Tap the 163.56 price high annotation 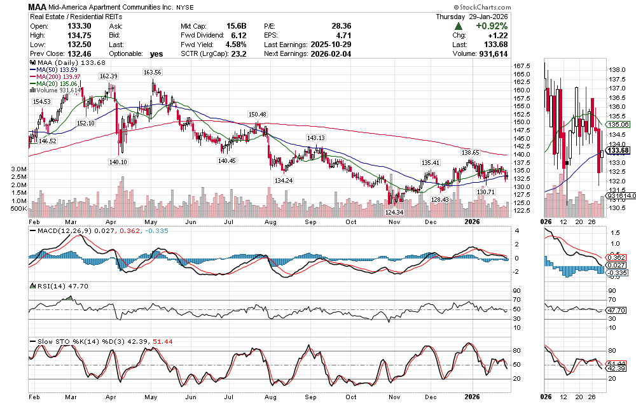[153, 73]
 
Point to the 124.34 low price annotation [394, 212]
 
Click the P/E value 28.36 [342, 26]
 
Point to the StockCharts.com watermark [599, 6]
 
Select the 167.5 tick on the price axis [522, 66]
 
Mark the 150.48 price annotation [258, 115]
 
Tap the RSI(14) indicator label [45, 287]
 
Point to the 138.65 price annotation [470, 153]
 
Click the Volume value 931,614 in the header [608, 54]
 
